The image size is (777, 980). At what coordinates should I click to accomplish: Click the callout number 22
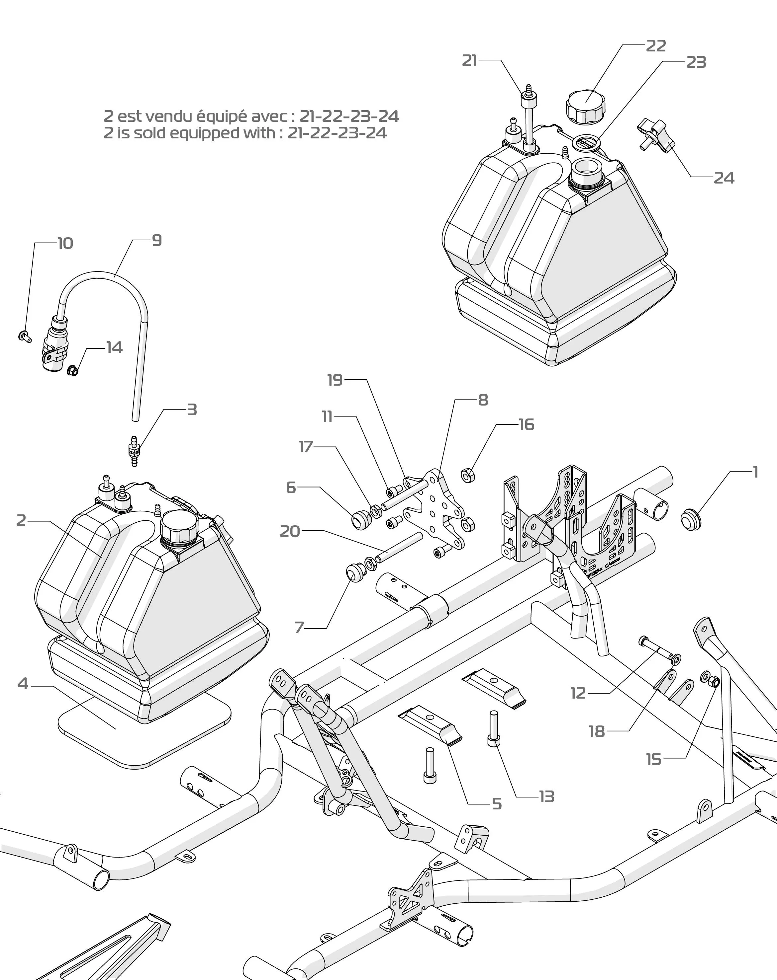pyautogui.click(x=655, y=46)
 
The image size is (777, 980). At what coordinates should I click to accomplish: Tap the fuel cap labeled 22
pyautogui.click(x=585, y=106)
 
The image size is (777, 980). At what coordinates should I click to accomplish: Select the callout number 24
pyautogui.click(x=724, y=178)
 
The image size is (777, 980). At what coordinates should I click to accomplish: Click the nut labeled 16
pyautogui.click(x=468, y=476)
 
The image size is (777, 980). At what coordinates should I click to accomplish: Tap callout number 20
pyautogui.click(x=290, y=531)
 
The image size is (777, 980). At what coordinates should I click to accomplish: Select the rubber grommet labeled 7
pyautogui.click(x=355, y=572)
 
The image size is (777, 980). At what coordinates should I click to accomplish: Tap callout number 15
pyautogui.click(x=654, y=759)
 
